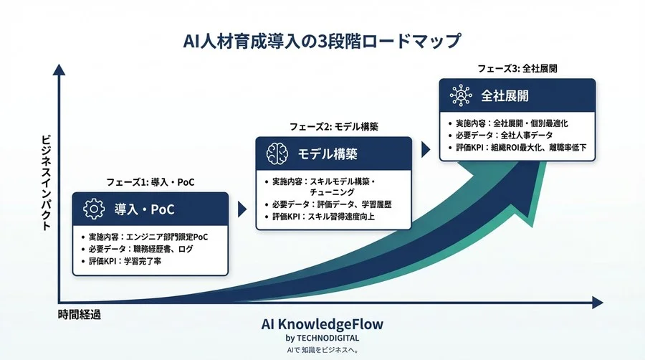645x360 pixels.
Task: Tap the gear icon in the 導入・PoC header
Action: (94, 209)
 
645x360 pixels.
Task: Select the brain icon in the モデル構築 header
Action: (277, 153)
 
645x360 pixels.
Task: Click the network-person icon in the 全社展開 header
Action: (459, 95)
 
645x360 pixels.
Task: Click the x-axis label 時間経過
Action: (79, 314)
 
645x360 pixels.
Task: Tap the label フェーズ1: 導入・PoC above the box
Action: (150, 183)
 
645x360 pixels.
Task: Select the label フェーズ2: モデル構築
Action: (333, 126)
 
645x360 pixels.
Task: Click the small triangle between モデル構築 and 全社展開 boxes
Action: (426, 149)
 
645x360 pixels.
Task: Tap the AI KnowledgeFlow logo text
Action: (322, 324)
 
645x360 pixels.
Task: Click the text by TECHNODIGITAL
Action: (322, 337)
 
